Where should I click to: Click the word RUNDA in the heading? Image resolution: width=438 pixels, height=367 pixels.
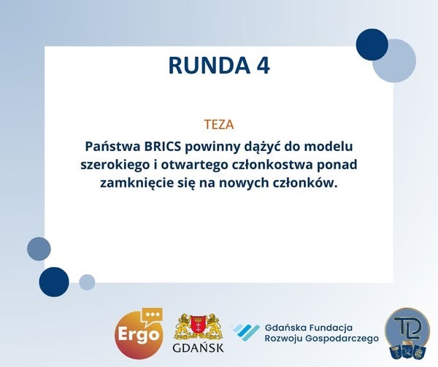tap(210, 66)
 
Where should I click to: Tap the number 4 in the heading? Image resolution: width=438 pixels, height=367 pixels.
tap(263, 66)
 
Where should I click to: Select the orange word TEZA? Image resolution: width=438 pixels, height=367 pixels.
tap(219, 125)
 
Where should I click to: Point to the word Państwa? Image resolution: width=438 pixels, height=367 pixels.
tap(113, 146)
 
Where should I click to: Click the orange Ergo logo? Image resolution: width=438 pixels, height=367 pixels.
tap(139, 333)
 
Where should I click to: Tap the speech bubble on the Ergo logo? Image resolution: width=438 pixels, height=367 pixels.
tap(152, 317)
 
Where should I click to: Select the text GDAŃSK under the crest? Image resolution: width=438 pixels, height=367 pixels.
tap(198, 348)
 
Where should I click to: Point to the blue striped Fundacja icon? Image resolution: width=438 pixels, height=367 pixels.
tap(247, 332)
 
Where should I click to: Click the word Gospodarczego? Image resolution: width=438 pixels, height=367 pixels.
tap(342, 339)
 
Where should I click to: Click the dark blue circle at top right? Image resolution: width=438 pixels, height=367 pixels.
tap(372, 45)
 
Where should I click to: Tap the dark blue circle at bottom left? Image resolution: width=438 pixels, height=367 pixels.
tap(54, 282)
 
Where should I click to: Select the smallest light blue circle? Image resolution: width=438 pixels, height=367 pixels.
tap(87, 282)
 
